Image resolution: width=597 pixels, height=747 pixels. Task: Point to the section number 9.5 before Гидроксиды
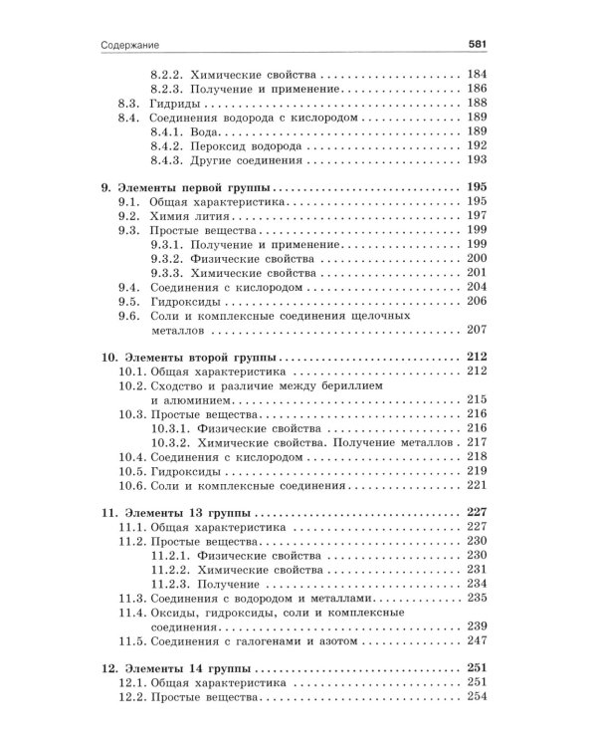coord(129,300)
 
